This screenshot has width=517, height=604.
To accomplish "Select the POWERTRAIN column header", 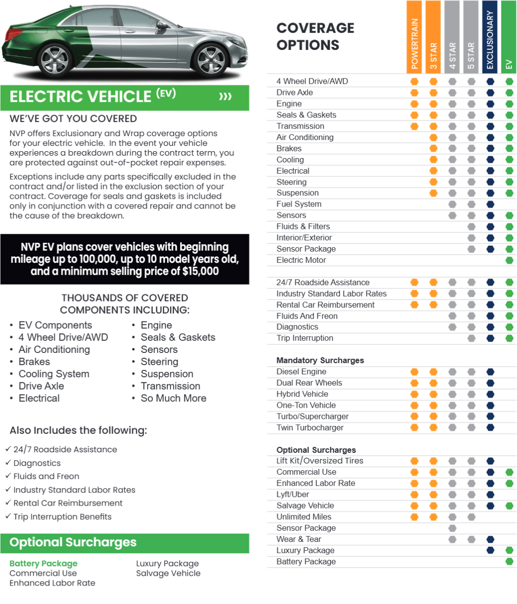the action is [x=414, y=37].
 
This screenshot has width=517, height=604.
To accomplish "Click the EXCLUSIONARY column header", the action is [x=490, y=37].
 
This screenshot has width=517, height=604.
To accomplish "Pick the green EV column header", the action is [x=509, y=37].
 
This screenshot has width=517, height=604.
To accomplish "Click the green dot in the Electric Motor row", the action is [x=509, y=260].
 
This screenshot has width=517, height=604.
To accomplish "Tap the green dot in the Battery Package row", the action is [x=509, y=561].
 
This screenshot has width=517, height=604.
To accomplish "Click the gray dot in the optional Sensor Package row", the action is [x=452, y=528].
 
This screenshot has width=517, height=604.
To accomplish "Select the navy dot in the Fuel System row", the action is [x=490, y=204].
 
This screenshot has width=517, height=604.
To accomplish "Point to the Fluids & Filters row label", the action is [x=303, y=226].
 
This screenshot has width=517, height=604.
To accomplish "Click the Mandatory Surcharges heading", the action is [x=320, y=360].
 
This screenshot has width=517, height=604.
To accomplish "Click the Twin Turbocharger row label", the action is [x=310, y=428].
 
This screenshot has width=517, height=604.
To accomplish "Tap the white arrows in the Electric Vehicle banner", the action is [x=225, y=96].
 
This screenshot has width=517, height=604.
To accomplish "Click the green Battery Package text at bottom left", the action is [x=44, y=563].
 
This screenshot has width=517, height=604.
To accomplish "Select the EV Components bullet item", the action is [x=55, y=325].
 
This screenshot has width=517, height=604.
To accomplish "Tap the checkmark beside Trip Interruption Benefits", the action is [x=8, y=516].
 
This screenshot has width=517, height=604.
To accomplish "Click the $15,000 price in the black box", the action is [x=200, y=271].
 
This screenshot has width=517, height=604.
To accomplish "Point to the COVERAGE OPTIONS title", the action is [x=316, y=36].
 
